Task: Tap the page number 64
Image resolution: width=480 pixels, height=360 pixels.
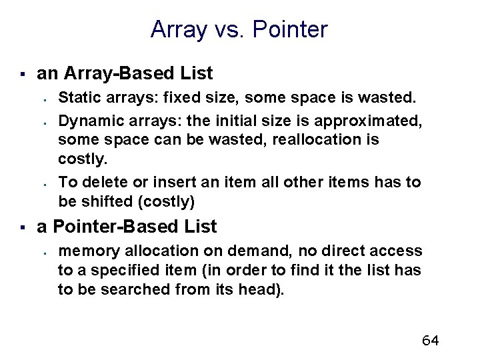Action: coord(430,341)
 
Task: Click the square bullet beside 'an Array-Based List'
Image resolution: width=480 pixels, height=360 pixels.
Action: coord(22,73)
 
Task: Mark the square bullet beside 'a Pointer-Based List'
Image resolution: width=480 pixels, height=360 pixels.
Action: coord(22,227)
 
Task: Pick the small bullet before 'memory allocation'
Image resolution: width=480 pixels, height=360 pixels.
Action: coord(42,252)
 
